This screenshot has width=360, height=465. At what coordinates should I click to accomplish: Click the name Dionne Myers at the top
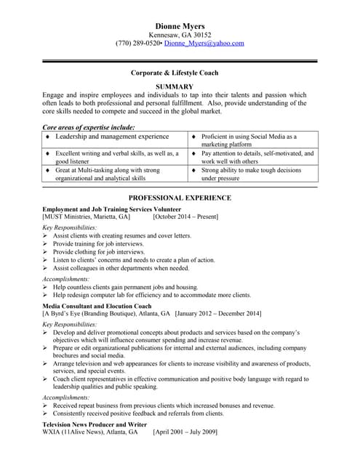[x=180, y=26]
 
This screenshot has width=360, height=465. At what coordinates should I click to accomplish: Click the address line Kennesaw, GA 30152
[x=180, y=35]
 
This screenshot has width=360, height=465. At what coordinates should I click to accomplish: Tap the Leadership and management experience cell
[x=112, y=137]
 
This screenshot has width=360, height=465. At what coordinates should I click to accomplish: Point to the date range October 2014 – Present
[x=185, y=217]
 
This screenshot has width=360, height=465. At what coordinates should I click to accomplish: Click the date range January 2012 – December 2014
[x=218, y=314]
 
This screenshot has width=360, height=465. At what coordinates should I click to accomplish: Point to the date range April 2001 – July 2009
[x=185, y=432]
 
